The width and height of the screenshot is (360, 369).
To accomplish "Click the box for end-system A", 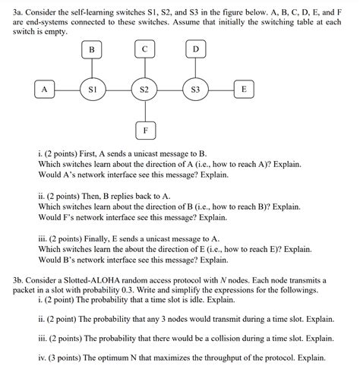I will pyautogui.click(x=44, y=90).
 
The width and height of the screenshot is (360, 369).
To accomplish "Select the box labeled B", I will pyautogui.click(x=92, y=50).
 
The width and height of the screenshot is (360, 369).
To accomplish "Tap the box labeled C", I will pyautogui.click(x=144, y=50).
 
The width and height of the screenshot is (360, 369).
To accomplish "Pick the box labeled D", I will pyautogui.click(x=195, y=50).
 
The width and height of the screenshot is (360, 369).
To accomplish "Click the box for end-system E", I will pyautogui.click(x=243, y=90).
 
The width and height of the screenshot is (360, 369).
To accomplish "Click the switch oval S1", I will pyautogui.click(x=92, y=90).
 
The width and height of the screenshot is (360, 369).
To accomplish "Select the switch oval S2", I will pyautogui.click(x=144, y=90).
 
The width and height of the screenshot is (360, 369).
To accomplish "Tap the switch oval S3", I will pyautogui.click(x=195, y=90).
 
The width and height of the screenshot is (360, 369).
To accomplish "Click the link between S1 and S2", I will pyautogui.click(x=118, y=90).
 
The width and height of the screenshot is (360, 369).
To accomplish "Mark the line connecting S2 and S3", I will pyautogui.click(x=169, y=90).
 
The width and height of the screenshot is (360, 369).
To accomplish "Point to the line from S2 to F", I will pyautogui.click(x=144, y=112).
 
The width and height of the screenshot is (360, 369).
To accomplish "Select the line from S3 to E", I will pyautogui.click(x=221, y=90).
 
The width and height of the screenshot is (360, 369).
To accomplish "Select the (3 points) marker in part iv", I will pyautogui.click(x=68, y=357).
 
